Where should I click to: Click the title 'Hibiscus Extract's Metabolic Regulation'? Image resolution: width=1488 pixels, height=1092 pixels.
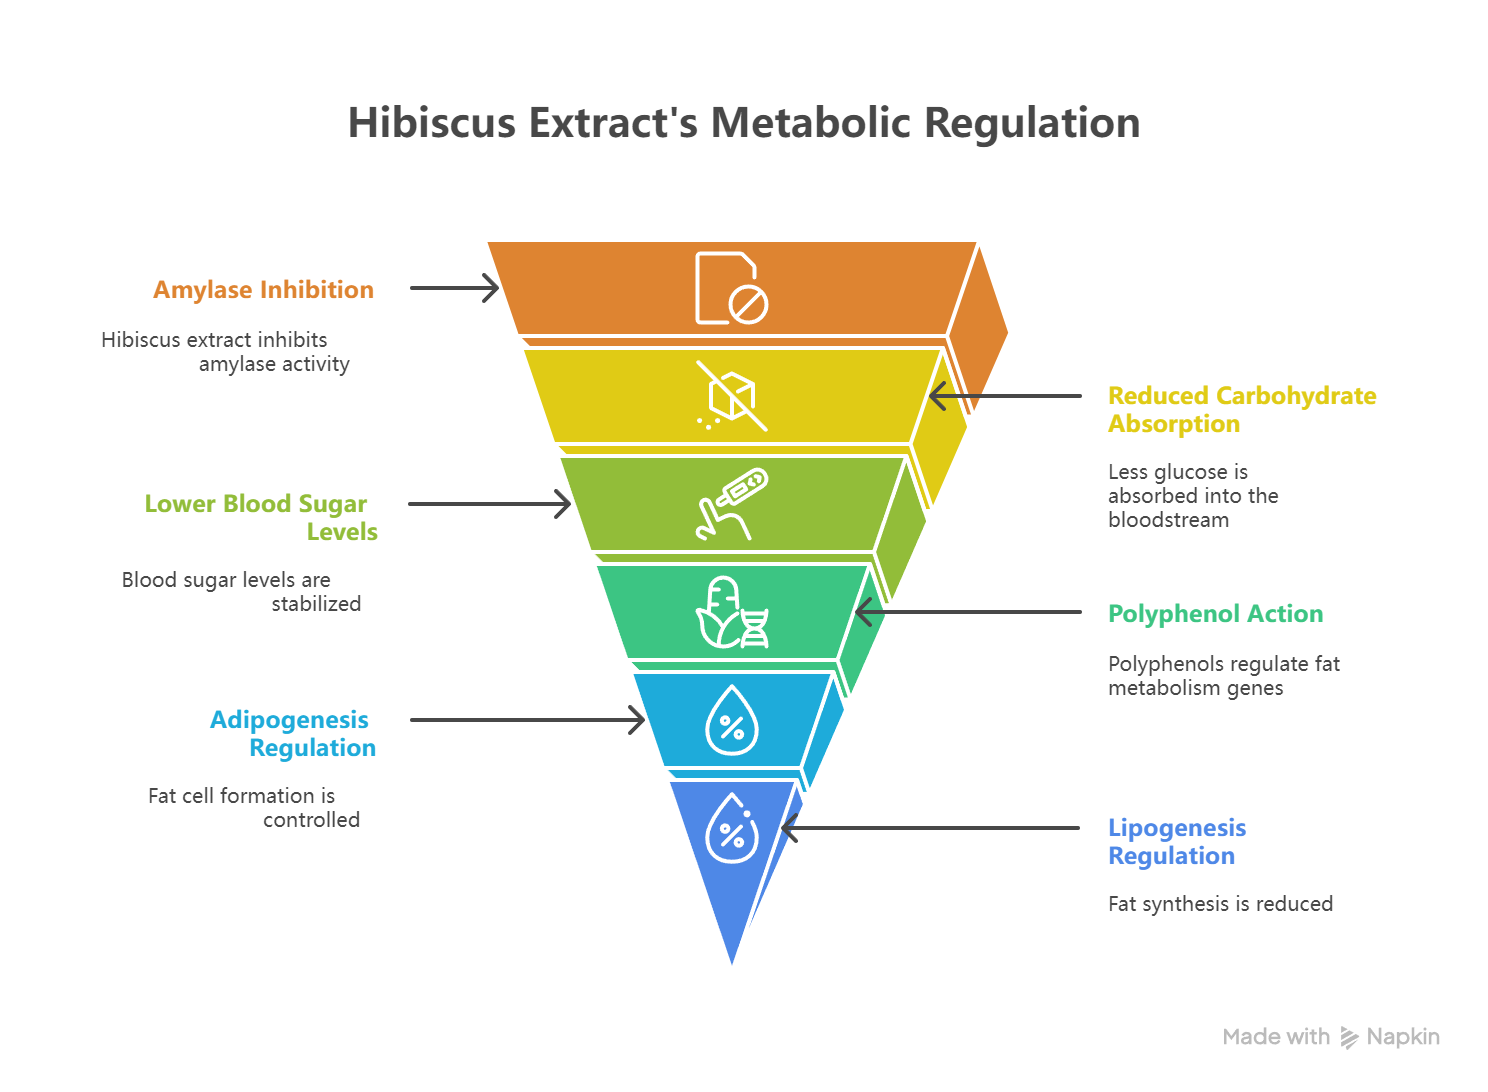(744, 123)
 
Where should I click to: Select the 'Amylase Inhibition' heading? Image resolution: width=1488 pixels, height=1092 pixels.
(263, 290)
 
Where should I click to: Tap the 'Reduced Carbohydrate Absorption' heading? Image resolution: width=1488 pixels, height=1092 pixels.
(1241, 410)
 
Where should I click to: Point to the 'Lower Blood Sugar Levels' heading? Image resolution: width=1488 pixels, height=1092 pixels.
(261, 517)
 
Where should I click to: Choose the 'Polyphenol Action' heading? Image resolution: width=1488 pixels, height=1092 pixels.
(1215, 614)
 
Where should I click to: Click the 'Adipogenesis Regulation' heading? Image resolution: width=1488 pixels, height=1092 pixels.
(292, 733)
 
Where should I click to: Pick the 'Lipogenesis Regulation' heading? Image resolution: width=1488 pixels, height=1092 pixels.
(1177, 842)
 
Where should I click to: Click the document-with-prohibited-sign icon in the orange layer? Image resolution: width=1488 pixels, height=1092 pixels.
(731, 288)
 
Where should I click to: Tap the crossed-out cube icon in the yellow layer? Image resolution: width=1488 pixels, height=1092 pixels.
(732, 397)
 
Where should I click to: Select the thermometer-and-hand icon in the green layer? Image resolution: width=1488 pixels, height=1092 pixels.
(732, 504)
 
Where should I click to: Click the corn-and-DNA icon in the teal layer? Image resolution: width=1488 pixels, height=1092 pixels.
(732, 612)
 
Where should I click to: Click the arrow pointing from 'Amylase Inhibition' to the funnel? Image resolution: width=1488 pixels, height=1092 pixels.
(454, 289)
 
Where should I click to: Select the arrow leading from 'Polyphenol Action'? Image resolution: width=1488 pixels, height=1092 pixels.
(968, 612)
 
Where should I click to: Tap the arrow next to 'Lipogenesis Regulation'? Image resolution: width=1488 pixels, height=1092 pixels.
(930, 828)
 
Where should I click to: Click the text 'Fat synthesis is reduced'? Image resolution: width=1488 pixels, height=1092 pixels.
(1220, 904)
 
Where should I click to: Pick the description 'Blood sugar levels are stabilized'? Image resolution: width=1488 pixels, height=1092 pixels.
(241, 592)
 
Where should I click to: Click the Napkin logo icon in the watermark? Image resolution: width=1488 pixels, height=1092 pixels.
(1349, 1038)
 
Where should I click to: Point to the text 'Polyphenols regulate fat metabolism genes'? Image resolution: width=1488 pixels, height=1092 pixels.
(1223, 676)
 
